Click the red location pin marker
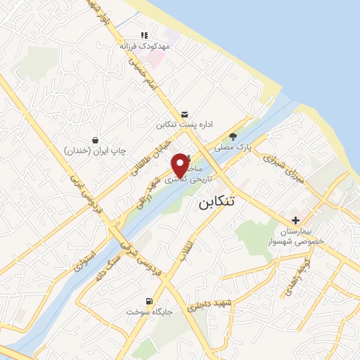click(180, 165)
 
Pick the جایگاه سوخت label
click(145, 311)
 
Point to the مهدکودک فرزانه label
click(145, 45)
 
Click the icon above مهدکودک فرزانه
click(144, 34)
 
